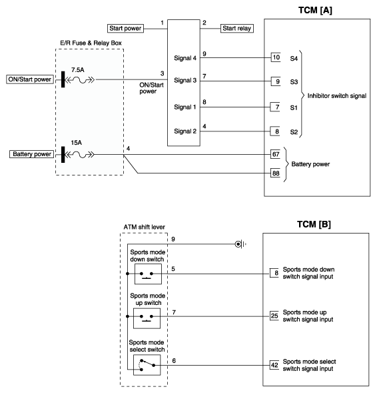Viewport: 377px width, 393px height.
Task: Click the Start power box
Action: click(x=125, y=28)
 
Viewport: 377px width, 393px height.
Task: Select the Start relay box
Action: click(x=236, y=28)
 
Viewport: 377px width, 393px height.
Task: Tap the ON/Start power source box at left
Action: click(x=30, y=79)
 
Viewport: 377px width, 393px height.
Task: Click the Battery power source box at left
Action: click(x=32, y=154)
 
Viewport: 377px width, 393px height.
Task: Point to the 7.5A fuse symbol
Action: click(x=79, y=80)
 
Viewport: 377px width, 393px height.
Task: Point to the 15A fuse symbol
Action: click(x=79, y=155)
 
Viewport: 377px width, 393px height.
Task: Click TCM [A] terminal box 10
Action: click(x=276, y=57)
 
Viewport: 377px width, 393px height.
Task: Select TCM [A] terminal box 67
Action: click(x=275, y=154)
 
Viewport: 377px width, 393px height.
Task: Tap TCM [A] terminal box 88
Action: click(x=275, y=173)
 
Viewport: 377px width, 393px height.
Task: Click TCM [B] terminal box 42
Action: click(x=274, y=365)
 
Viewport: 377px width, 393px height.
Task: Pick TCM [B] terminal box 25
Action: click(x=274, y=316)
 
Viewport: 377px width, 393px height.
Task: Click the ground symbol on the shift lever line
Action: click(x=240, y=244)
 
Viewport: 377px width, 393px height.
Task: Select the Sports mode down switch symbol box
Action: click(x=148, y=274)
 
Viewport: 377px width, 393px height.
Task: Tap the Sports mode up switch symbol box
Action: click(x=147, y=318)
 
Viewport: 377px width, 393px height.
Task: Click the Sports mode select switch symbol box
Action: click(x=147, y=365)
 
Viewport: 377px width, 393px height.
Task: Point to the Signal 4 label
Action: click(x=185, y=58)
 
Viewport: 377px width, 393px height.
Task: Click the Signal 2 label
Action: click(x=185, y=131)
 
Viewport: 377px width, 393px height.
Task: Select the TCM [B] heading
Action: click(x=314, y=224)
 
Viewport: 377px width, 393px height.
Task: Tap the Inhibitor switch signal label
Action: click(x=337, y=95)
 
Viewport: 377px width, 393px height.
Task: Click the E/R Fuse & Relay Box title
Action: click(x=91, y=43)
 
